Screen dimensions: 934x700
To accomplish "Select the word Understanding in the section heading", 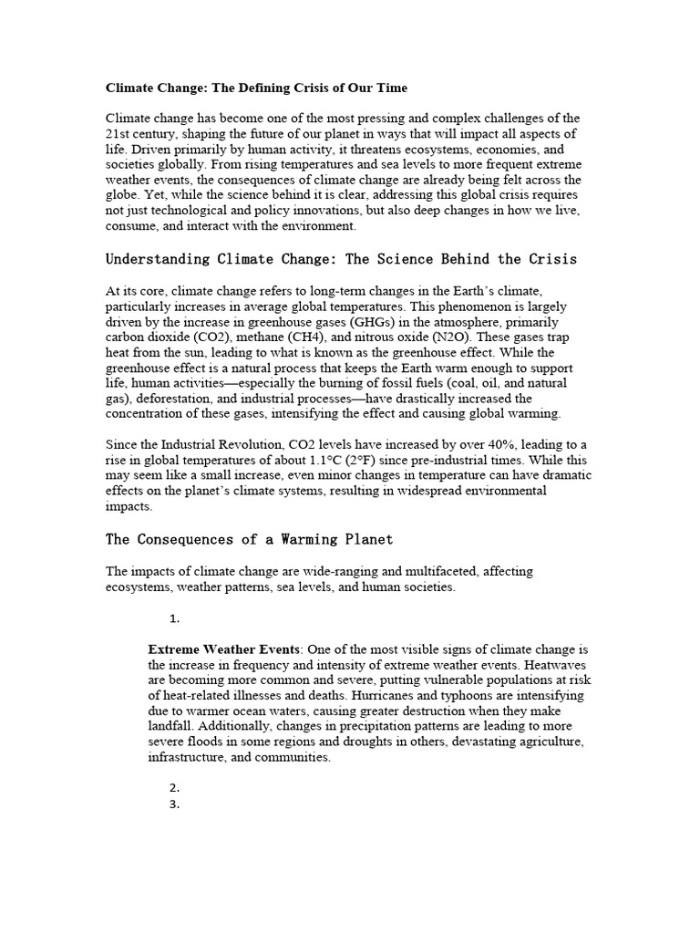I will click(x=157, y=259).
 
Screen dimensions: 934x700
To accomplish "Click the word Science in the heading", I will click(x=413, y=259).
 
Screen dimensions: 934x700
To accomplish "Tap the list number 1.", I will click(x=175, y=618).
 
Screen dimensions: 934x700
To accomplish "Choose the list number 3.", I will click(x=175, y=804).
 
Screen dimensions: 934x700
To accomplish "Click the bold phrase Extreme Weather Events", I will click(x=223, y=649).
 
